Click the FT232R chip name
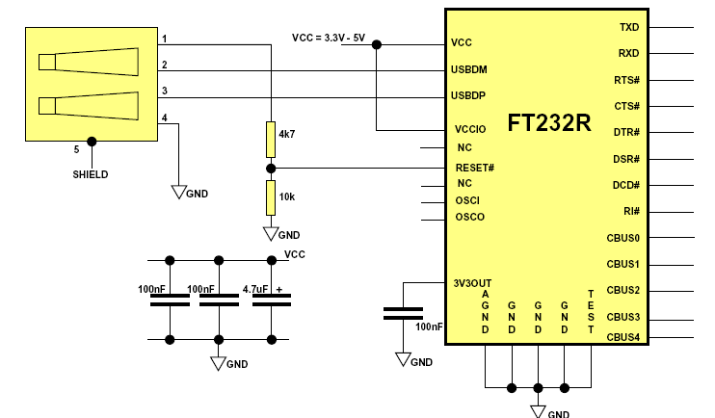click(549, 123)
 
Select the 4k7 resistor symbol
click(270, 139)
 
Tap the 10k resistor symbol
click(270, 197)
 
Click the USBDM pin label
click(470, 69)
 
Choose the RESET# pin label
click(475, 168)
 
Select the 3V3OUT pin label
click(472, 283)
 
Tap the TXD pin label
click(629, 27)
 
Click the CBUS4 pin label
click(622, 337)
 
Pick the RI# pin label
click(631, 211)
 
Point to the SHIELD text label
click(91, 174)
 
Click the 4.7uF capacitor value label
click(255, 289)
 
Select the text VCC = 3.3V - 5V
click(328, 38)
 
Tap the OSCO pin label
click(470, 217)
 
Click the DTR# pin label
click(626, 132)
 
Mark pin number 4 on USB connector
click(165, 118)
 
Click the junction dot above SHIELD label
click(92, 142)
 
